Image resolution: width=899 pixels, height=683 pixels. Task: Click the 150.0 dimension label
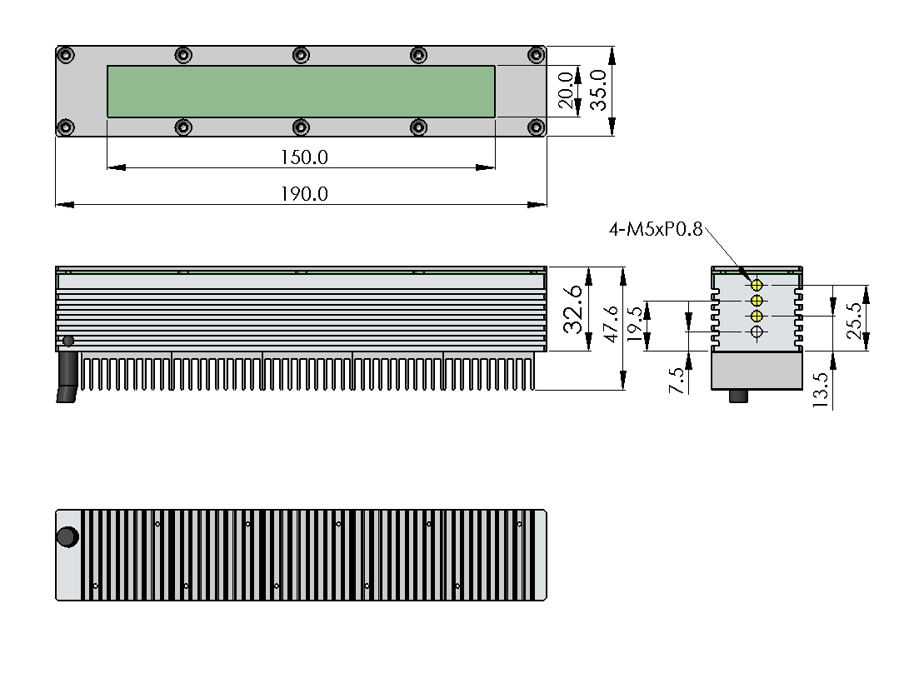[x=304, y=157]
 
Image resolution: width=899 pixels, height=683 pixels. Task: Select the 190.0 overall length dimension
[x=304, y=194]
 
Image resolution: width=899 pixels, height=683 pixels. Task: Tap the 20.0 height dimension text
[x=566, y=91]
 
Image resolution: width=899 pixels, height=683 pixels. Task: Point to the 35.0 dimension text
[x=598, y=90]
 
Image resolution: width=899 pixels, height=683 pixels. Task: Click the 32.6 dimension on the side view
[x=573, y=309]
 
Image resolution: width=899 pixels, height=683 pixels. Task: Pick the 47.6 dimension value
[x=612, y=324]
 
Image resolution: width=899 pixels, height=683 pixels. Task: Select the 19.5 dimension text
[x=635, y=324]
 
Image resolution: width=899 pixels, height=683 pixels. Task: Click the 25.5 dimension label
[x=854, y=321]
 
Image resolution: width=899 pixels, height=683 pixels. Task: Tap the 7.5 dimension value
[x=677, y=381]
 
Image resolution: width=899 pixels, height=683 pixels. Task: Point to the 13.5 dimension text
[x=821, y=390]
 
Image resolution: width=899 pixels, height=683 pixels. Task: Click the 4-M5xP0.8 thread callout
[x=656, y=229]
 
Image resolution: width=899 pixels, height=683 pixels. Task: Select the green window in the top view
[x=301, y=92]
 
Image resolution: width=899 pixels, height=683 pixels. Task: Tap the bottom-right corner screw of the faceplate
[x=536, y=127]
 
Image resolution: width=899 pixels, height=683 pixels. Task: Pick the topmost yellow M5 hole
[x=757, y=285]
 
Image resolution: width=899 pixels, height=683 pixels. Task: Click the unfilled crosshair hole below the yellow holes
[x=757, y=332]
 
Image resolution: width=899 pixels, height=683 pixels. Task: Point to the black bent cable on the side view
[x=67, y=377]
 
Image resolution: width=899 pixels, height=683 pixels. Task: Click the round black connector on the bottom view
[x=67, y=537]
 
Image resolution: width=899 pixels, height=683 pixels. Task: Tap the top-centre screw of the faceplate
[x=301, y=56]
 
